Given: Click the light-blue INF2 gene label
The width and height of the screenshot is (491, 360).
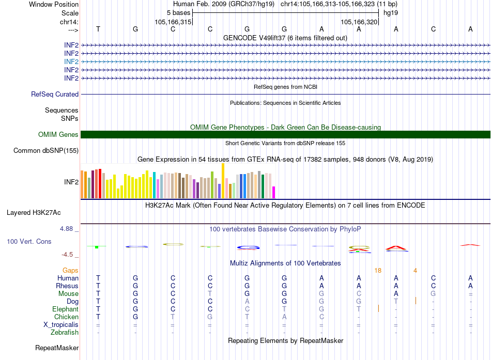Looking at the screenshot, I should pos(71,61).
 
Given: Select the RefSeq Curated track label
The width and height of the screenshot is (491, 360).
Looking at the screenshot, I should pos(55,95).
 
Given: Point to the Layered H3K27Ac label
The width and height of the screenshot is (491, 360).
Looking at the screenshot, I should pos(34,212).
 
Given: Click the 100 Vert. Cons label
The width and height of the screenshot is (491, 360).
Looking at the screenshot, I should pos(29,241).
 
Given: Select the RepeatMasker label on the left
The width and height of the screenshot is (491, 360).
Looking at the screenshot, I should pos(57,348).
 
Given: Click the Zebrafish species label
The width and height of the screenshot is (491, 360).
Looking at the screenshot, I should pos(65,333).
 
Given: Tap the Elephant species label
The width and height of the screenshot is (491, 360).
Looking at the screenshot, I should pos(66,309).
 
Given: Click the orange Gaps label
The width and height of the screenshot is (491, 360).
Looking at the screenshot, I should pos(70,270).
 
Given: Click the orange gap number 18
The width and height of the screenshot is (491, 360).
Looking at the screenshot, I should pos(378,270).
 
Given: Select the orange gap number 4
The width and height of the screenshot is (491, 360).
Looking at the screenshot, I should pos(415,270).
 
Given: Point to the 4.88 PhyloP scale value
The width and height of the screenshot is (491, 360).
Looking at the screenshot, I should pos(68,228).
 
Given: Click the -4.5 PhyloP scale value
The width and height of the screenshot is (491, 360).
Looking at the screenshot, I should pos(69,255).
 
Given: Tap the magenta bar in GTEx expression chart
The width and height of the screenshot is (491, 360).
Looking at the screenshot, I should pos(274,192).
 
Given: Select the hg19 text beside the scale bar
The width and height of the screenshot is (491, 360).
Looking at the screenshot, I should pos(390,12).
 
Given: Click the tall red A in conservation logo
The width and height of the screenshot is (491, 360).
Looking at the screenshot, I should pos(396,248).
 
